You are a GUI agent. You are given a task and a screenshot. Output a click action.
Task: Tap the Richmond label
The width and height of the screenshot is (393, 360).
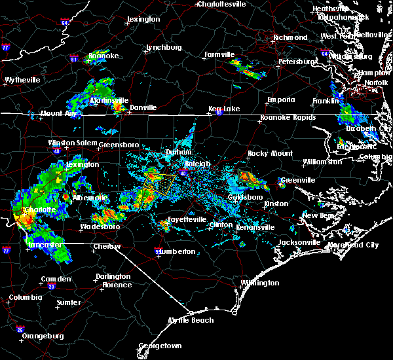[290, 38]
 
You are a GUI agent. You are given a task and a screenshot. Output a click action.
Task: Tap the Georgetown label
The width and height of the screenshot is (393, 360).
[160, 346]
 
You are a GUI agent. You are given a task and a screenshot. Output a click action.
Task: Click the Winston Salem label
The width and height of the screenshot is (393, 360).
[71, 143]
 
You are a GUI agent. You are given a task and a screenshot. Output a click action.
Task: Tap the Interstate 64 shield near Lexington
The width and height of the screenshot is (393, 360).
[65, 23]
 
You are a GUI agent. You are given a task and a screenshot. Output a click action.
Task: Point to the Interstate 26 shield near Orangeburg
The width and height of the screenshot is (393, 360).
[20, 329]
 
